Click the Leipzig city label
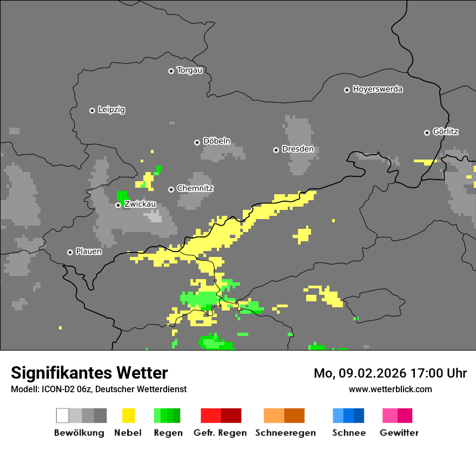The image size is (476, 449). (x=111, y=110)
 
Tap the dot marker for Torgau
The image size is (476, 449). (x=171, y=71)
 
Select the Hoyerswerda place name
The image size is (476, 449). (x=378, y=89)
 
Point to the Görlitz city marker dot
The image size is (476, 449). (x=427, y=133)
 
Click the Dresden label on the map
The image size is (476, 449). (x=297, y=149)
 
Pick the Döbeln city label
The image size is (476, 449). (x=216, y=141)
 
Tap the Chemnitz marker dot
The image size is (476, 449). (x=171, y=189)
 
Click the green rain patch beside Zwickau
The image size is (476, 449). (x=122, y=195)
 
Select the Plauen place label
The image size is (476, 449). (x=89, y=252)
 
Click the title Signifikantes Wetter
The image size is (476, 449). (x=89, y=373)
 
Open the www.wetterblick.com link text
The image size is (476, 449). (x=390, y=389)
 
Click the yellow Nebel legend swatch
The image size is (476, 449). (x=128, y=415)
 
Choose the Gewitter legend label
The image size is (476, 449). (x=399, y=433)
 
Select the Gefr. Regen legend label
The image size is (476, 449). (x=220, y=433)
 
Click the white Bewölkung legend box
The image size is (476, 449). (x=63, y=415)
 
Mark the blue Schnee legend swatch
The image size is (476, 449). (x=348, y=415)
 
